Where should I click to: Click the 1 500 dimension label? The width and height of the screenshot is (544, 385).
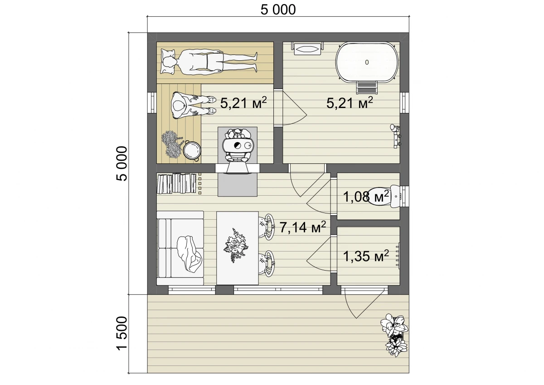pos(122,333)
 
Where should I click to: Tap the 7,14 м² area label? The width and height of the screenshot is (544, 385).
pos(303,227)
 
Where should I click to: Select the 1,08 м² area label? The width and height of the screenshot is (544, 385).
pos(366,197)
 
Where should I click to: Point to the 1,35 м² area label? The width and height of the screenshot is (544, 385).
pos(366,256)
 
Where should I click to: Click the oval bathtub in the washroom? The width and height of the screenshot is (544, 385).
pos(367,63)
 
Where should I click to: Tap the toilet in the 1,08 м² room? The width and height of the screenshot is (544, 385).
pos(383,197)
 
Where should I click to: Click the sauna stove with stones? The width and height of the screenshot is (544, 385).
pos(238,145)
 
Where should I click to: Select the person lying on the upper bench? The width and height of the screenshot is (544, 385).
pos(209,62)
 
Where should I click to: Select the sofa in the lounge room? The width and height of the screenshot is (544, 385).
pos(180,248)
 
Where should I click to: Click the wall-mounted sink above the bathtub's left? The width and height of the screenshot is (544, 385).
pos(308,49)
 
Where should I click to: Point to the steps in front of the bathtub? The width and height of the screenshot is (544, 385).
pos(367,87)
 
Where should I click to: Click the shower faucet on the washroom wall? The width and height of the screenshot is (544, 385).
pos(396,136)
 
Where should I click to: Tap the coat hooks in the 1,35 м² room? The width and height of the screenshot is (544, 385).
pos(398,256)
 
